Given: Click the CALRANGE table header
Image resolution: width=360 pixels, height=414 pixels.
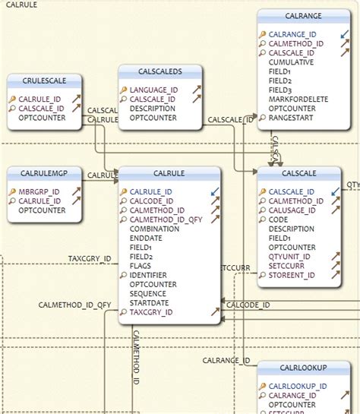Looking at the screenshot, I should tap(303, 15).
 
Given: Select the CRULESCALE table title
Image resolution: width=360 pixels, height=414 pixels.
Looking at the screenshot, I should tap(44, 81).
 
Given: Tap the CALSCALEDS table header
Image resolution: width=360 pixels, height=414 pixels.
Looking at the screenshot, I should tap(160, 71).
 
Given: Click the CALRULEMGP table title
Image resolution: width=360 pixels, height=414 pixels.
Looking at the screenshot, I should tap(44, 172).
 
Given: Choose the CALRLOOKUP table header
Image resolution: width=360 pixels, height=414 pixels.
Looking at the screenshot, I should tap(303, 368).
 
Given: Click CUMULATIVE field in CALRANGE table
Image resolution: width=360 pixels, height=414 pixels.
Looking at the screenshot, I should tap(292, 62).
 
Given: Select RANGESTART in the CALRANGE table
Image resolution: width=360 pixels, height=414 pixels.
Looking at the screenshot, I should tap(292, 117).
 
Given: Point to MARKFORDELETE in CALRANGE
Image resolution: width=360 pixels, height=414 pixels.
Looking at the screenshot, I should tap(298, 99).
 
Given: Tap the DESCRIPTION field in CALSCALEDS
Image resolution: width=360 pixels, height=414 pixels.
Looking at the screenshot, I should tap(153, 108).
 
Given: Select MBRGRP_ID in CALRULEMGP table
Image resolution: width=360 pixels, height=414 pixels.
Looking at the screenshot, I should tap(39, 191).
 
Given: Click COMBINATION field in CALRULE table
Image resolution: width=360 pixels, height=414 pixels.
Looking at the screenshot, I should tap(155, 229).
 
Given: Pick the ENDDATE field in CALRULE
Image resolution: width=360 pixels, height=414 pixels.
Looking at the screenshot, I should tap(147, 238).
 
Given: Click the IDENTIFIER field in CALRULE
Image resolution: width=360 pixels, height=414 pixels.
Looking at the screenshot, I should tap(150, 274).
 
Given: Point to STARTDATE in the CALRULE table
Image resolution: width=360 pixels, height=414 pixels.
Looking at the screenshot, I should tap(149, 302).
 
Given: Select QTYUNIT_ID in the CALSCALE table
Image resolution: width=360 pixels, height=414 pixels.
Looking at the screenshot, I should tap(292, 256).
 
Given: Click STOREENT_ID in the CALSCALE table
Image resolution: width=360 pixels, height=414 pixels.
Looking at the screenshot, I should tap(292, 275).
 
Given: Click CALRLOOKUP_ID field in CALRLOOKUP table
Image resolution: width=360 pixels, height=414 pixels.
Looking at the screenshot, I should tap(298, 386).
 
